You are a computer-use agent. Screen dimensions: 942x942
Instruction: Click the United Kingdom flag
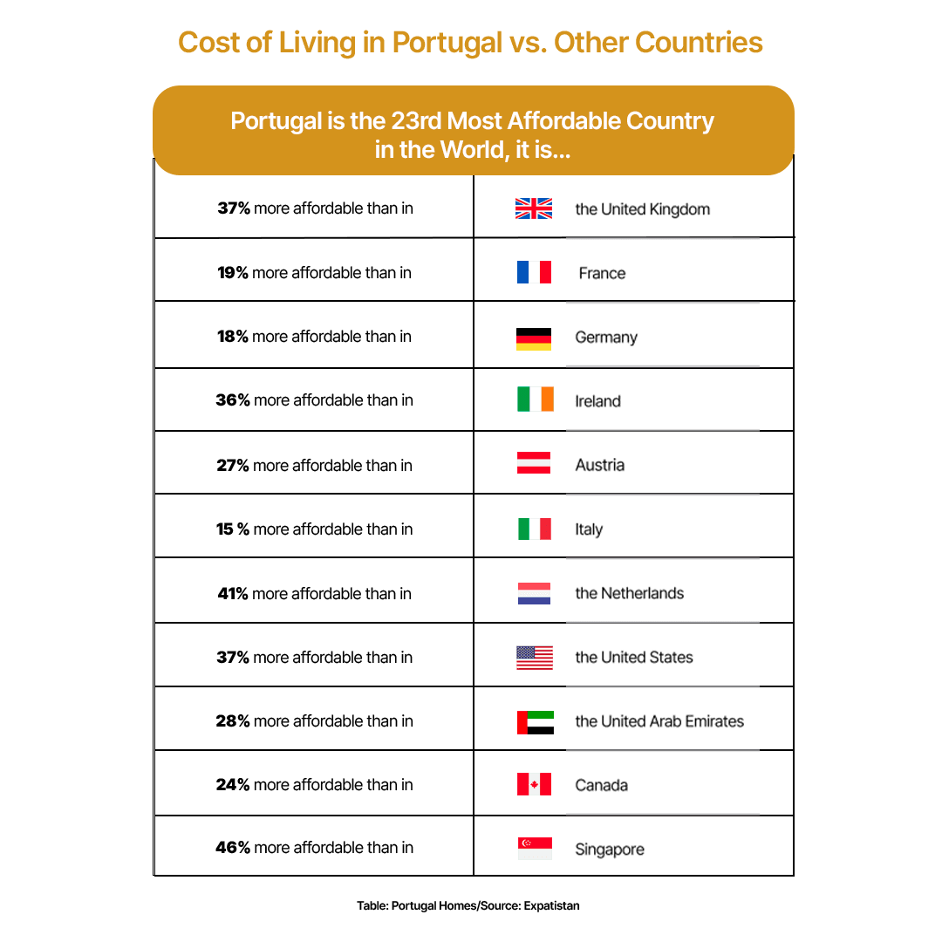pyautogui.click(x=534, y=208)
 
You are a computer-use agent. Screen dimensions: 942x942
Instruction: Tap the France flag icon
pyautogui.click(x=534, y=273)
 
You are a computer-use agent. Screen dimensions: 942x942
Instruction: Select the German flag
pyautogui.click(x=534, y=339)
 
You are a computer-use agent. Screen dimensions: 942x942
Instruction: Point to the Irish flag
pyautogui.click(x=535, y=399)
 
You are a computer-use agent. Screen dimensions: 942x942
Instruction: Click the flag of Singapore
pyautogui.click(x=535, y=849)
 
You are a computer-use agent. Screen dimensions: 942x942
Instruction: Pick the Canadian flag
pyautogui.click(x=534, y=784)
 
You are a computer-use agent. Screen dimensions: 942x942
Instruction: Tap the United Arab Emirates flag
pyautogui.click(x=535, y=722)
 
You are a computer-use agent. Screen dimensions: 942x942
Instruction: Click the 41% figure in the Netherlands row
pyautogui.click(x=233, y=594)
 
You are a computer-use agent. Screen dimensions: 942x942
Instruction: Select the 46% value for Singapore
pyautogui.click(x=233, y=848)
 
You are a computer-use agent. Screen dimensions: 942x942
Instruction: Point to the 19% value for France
pyautogui.click(x=233, y=273)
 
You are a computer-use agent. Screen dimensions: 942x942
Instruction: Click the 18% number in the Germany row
pyautogui.click(x=233, y=337)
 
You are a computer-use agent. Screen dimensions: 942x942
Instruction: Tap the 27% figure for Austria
pyautogui.click(x=233, y=466)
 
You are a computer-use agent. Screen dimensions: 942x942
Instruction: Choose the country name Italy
pyautogui.click(x=589, y=529)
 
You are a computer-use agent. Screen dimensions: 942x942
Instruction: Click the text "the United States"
pyautogui.click(x=634, y=658)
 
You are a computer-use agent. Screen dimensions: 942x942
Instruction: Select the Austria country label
pyautogui.click(x=599, y=466)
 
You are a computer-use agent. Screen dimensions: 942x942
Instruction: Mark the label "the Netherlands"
pyautogui.click(x=629, y=594)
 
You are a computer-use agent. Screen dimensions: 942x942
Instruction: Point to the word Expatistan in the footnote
pyautogui.click(x=551, y=906)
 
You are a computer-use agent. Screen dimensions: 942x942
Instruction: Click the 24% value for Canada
pyautogui.click(x=233, y=785)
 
